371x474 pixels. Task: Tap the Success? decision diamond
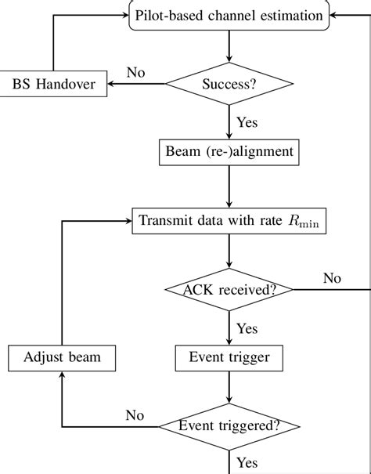pyautogui.click(x=229, y=83)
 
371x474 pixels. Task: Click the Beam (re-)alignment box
pyautogui.click(x=229, y=150)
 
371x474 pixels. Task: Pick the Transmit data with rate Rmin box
pyautogui.click(x=229, y=220)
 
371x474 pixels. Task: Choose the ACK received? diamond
pyautogui.click(x=229, y=289)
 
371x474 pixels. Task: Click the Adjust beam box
pyautogui.click(x=63, y=359)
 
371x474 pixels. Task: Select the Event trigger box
pyautogui.click(x=229, y=359)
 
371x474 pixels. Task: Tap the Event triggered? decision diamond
pyautogui.click(x=229, y=427)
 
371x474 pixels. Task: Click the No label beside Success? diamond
pyautogui.click(x=136, y=73)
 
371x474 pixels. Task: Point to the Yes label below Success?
pyautogui.click(x=248, y=121)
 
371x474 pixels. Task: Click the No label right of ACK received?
pyautogui.click(x=333, y=278)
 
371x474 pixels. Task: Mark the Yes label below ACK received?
pyautogui.click(x=248, y=328)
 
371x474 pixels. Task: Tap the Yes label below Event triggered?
pyautogui.click(x=248, y=464)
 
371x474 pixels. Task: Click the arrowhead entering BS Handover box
pyautogui.click(x=110, y=83)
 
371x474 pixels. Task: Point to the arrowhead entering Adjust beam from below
pyautogui.click(x=63, y=376)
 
